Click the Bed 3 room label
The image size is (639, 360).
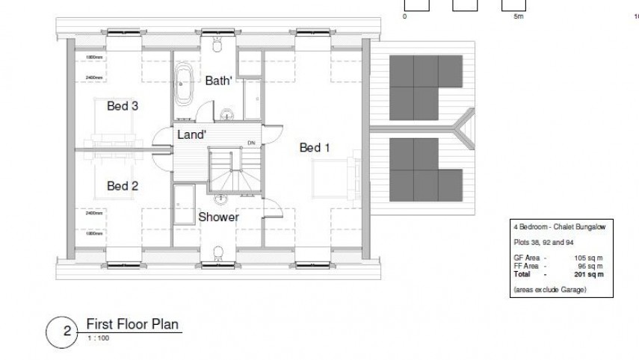click(122, 106)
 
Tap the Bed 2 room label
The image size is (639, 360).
click(122, 186)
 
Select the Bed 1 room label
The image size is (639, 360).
click(315, 148)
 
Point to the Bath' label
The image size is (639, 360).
click(220, 81)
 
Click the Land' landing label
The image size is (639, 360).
click(192, 134)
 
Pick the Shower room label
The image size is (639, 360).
click(218, 217)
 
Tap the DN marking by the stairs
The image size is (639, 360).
click(251, 143)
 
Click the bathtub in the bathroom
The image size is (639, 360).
click(183, 87)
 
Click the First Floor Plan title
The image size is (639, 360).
click(133, 324)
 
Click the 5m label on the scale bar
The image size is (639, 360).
click(519, 16)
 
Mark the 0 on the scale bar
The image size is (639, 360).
click(404, 16)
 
